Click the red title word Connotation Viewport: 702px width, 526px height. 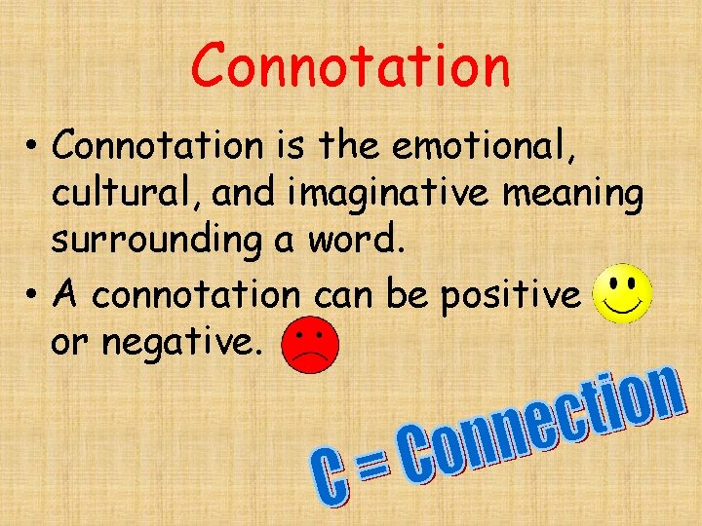point(350,66)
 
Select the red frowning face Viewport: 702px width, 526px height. point(309,345)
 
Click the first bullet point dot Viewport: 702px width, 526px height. point(32,148)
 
